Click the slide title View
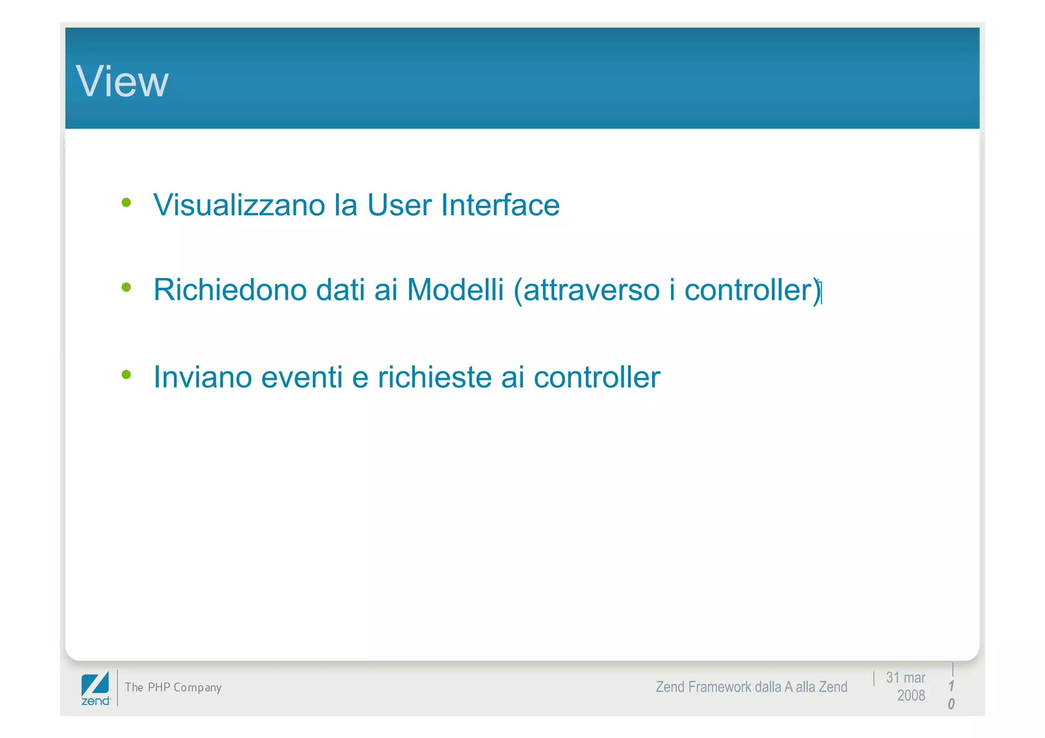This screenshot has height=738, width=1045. [122, 82]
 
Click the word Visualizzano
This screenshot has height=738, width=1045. [239, 205]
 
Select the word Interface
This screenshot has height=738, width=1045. [500, 205]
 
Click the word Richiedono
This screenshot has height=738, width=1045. [230, 290]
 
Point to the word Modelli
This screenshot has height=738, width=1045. [455, 290]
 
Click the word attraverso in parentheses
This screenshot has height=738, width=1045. [591, 290]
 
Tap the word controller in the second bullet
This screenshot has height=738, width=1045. [748, 290]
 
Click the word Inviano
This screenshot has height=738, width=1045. [203, 377]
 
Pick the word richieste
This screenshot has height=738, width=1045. [435, 377]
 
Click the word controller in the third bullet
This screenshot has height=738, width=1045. [596, 377]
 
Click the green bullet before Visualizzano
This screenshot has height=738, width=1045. [126, 203]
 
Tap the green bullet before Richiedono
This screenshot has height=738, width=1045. [126, 288]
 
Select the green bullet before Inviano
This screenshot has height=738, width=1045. [126, 375]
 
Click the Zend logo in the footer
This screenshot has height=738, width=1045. [95, 689]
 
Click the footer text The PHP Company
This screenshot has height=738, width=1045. [173, 688]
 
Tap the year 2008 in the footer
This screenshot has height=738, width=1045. [911, 696]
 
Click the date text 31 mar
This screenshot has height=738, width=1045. [905, 678]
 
